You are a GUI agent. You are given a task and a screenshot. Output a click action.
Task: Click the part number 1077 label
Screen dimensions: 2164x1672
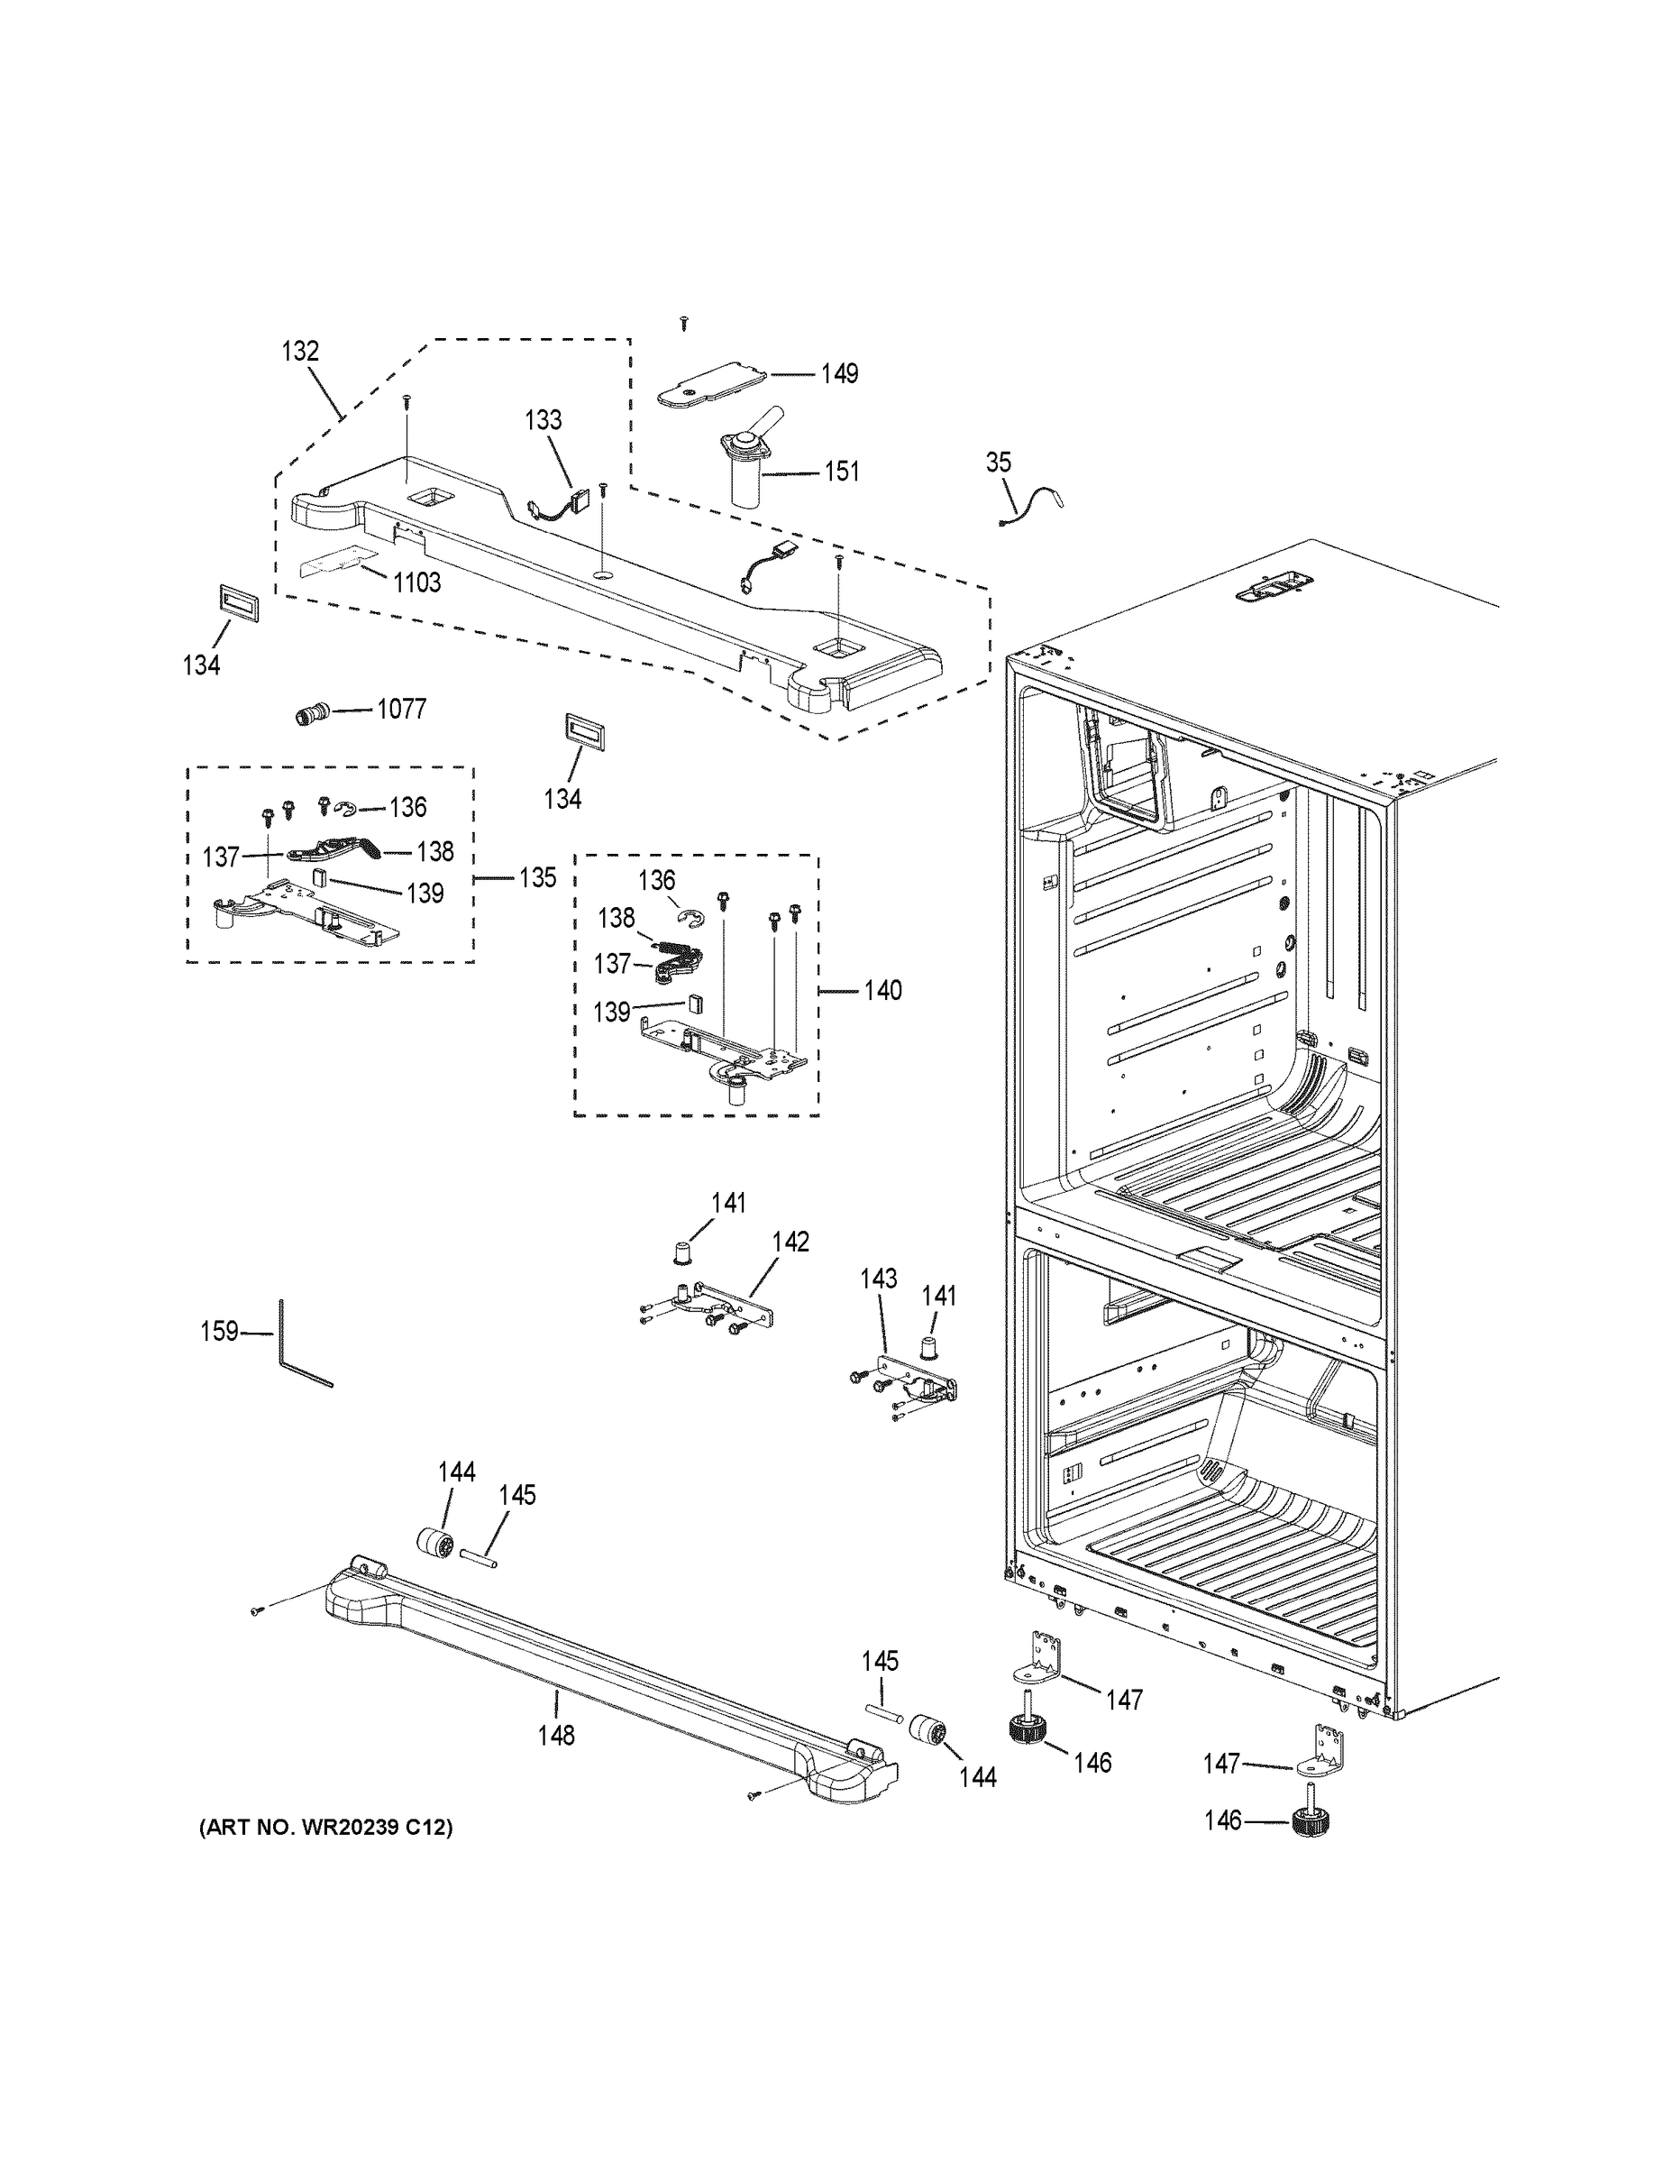[x=400, y=710]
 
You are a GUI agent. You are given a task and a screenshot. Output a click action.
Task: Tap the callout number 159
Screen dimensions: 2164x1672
[x=219, y=1331]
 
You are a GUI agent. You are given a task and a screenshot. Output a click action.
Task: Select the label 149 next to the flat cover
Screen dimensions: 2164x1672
[x=839, y=373]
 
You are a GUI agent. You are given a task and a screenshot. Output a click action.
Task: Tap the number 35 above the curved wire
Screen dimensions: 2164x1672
[x=999, y=462]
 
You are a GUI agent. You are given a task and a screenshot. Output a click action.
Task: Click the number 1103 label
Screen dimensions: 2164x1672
[x=416, y=582]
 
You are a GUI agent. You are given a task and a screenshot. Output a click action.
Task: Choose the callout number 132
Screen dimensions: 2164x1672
[x=300, y=351]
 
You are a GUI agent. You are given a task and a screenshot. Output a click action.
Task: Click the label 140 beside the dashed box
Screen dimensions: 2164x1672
[x=882, y=990]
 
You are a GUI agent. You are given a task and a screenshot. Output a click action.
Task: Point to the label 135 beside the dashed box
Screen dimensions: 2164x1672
[x=537, y=877]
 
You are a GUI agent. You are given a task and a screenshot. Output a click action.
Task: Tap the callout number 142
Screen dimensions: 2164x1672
[x=790, y=1242]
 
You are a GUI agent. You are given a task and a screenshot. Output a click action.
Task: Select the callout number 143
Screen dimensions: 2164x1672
[x=878, y=1279]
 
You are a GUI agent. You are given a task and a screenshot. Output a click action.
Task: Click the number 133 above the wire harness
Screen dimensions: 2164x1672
[x=543, y=420]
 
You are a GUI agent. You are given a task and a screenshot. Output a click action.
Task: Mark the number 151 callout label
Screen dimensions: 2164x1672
[x=842, y=471]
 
